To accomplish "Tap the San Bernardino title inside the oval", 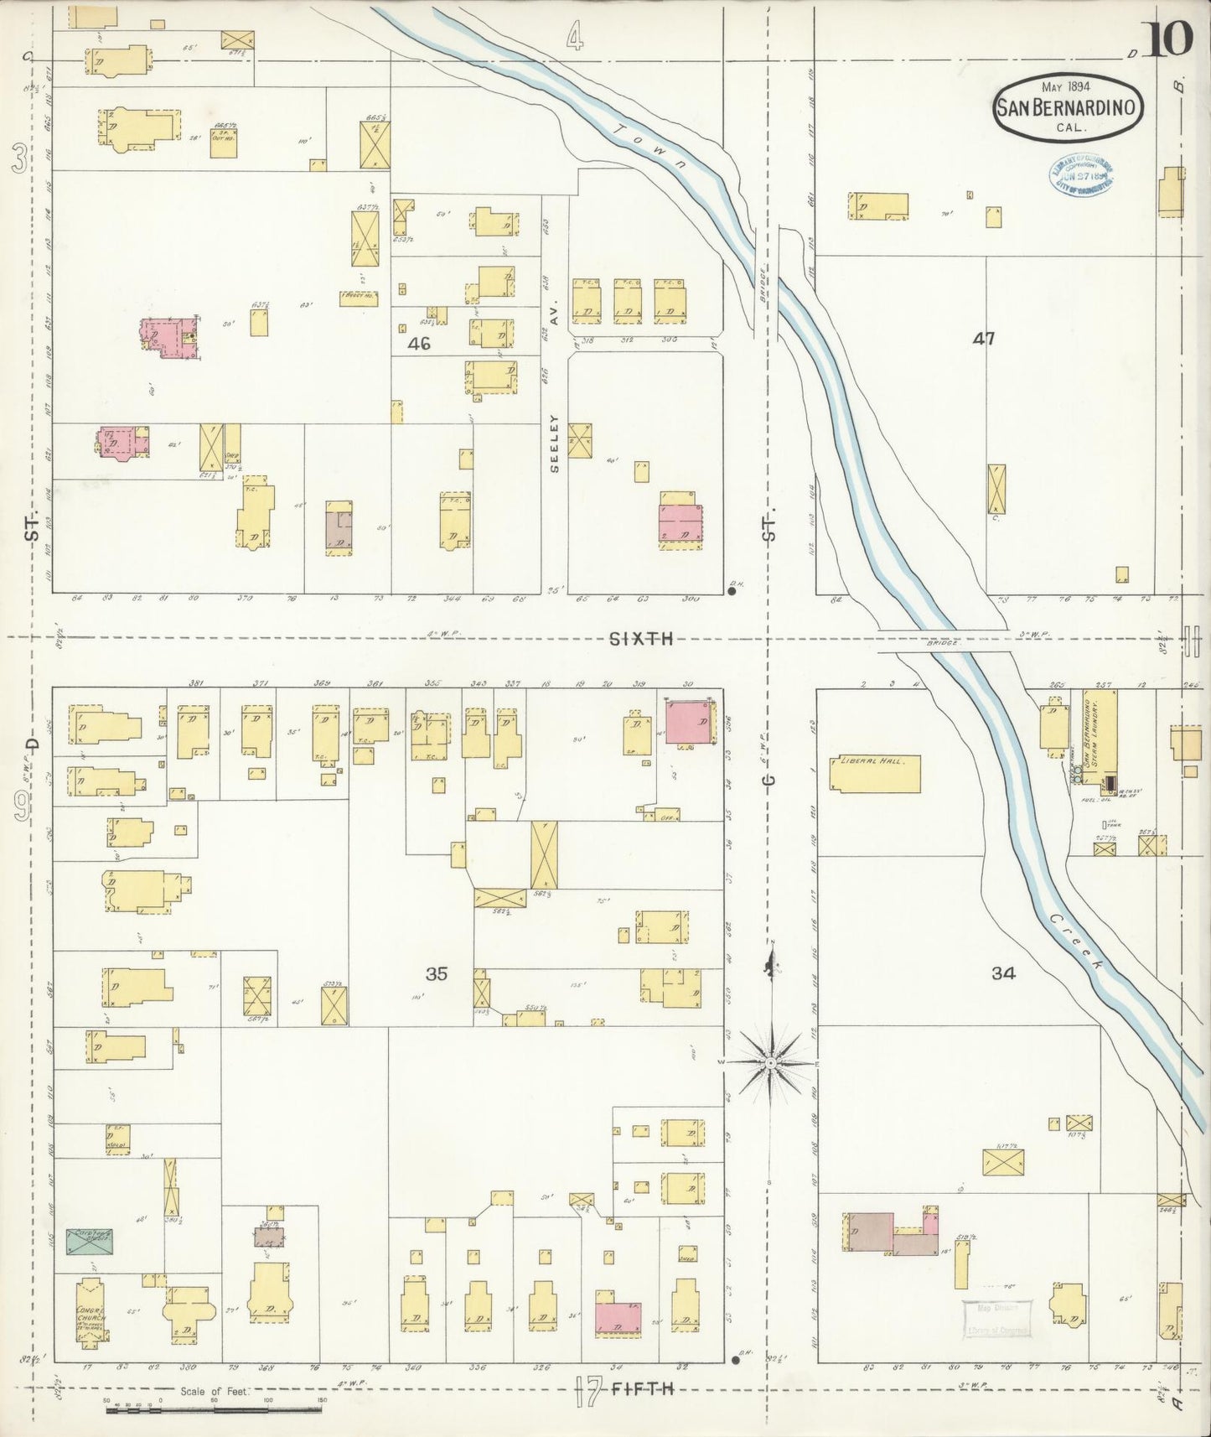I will click(x=1066, y=107).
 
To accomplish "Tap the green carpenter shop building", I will click(x=90, y=1242).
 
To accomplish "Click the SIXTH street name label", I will click(x=642, y=639).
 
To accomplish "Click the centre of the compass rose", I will click(x=769, y=1063).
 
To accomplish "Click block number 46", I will click(x=419, y=343).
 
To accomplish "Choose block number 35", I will click(x=436, y=973).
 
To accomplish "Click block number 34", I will click(x=1003, y=973).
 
